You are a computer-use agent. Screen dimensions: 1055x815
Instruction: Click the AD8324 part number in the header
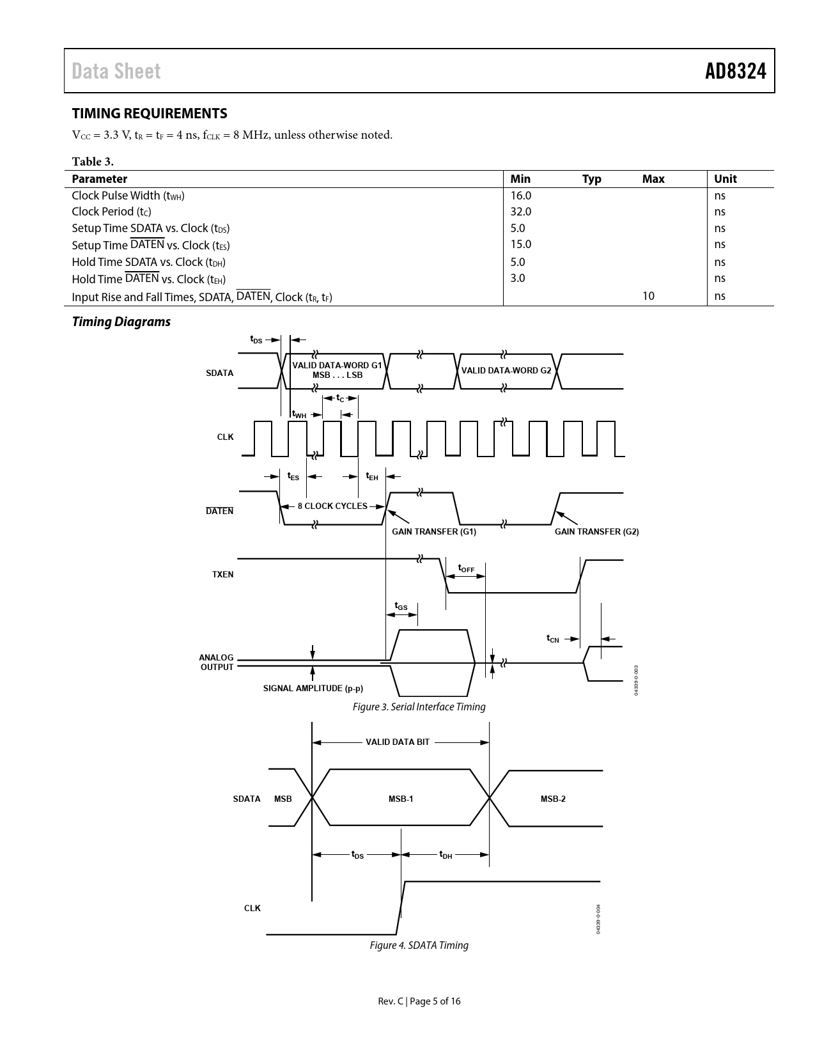735,71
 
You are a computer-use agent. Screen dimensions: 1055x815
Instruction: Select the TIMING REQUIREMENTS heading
150,113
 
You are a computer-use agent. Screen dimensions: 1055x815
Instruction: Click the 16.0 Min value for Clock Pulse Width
520,196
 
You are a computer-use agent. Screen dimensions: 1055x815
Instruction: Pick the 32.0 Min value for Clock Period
520,212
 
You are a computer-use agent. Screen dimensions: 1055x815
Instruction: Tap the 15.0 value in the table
520,244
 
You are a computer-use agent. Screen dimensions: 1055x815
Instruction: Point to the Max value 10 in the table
648,295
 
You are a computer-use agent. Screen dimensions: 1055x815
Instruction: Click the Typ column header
591,179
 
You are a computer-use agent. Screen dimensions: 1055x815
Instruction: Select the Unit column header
725,179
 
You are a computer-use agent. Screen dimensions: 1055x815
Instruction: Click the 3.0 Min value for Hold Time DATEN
518,278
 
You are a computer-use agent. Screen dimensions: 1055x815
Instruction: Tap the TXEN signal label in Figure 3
222,574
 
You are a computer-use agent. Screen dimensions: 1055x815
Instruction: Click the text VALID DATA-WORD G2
506,370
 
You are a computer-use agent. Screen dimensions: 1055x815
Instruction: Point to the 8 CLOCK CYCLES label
332,506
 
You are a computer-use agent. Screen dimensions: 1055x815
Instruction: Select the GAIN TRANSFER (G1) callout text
434,531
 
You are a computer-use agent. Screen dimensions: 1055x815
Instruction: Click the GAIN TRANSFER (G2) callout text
596,531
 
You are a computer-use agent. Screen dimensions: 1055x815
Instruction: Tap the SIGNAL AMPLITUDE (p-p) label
313,689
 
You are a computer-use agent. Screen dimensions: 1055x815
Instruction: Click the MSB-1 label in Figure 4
401,799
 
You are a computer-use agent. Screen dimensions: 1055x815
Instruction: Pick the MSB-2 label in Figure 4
553,799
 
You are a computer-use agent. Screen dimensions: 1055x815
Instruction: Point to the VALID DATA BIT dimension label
398,742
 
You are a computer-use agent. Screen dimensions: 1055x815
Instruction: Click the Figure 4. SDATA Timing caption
419,945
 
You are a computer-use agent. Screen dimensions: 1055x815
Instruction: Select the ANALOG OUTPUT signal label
217,662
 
